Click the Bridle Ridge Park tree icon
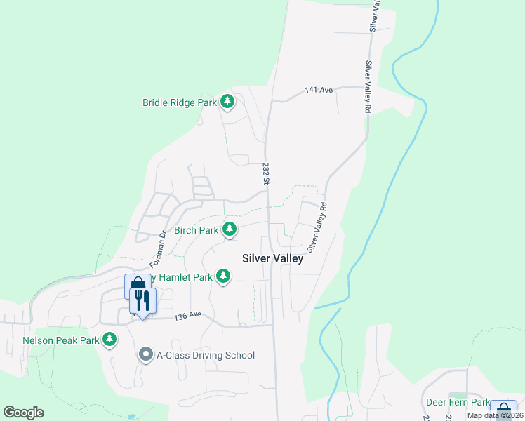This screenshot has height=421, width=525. click(x=227, y=102)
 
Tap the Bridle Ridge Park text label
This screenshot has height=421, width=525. click(x=180, y=102)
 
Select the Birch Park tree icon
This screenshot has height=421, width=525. click(x=229, y=229)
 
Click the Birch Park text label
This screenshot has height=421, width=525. click(x=196, y=230)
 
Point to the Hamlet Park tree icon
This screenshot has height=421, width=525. click(x=223, y=276)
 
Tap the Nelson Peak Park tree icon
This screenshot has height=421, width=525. click(x=109, y=340)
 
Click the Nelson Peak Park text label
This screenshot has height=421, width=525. click(x=61, y=340)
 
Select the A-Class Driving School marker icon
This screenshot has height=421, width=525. click(x=146, y=354)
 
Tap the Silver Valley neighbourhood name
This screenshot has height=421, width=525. click(x=272, y=258)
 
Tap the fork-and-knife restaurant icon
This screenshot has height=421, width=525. click(x=142, y=301)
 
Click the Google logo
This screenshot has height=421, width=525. click(x=23, y=413)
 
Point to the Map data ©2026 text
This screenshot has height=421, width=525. click(x=495, y=415)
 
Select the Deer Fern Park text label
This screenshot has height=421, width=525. click(x=458, y=403)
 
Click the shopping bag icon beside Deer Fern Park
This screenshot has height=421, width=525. click(x=503, y=411)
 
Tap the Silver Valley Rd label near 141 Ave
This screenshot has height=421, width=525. click(x=366, y=87)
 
